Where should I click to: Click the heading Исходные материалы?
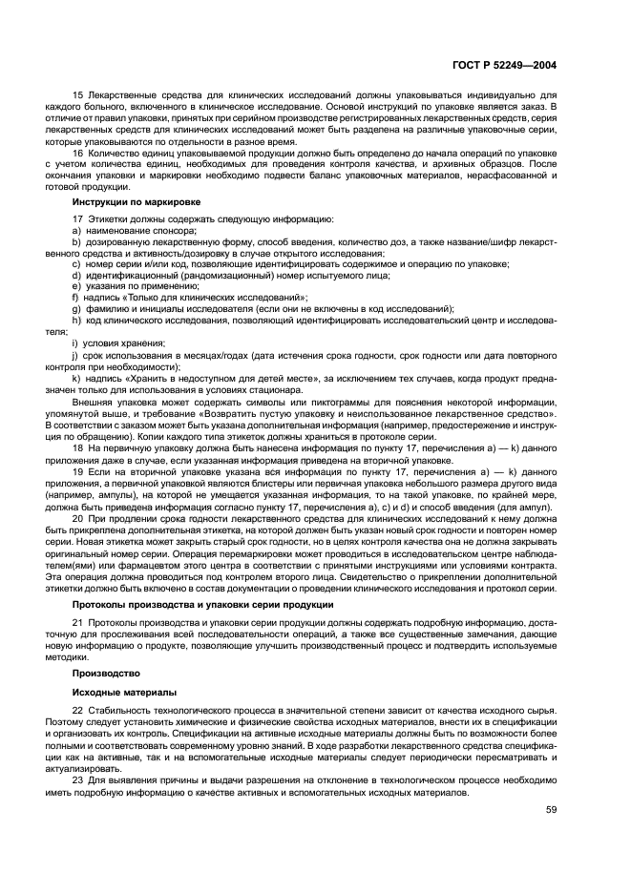[x=111, y=691]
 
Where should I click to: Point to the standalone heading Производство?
[x=102, y=673]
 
